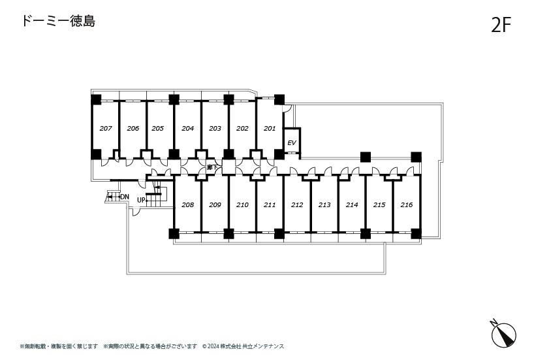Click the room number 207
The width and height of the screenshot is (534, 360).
(x=106, y=129)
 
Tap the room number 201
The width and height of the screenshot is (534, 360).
(x=270, y=129)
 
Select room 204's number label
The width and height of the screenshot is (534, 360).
(x=188, y=129)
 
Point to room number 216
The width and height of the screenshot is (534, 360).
(x=407, y=205)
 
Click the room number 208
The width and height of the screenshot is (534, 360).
(x=188, y=205)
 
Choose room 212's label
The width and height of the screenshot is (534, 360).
(x=297, y=205)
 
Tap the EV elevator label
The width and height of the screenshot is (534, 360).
(x=292, y=142)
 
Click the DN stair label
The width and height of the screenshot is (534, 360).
(x=124, y=197)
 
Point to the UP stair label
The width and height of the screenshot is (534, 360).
(x=141, y=200)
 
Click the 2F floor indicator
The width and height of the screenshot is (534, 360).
(x=501, y=25)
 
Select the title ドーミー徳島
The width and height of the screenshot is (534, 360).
(x=58, y=21)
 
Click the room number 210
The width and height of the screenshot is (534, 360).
(x=242, y=205)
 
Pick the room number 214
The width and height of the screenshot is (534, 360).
(x=352, y=205)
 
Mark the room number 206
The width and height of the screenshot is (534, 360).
(x=133, y=129)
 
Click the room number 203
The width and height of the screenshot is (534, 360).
(x=215, y=129)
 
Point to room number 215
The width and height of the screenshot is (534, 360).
(x=379, y=205)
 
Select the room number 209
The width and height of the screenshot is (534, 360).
(x=215, y=205)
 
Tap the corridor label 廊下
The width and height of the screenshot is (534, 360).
(x=212, y=168)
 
